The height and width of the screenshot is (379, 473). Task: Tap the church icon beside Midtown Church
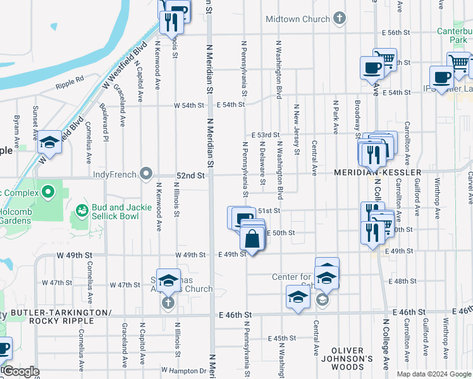pyautogui.click(x=340, y=18)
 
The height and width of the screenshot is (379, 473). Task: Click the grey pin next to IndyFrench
pyautogui.click(x=147, y=173)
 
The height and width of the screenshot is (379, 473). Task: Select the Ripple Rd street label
pyautogui.click(x=70, y=82)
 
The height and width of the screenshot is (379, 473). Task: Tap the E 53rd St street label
pyautogui.click(x=265, y=135)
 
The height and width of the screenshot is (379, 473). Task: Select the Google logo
pyautogui.click(x=21, y=371)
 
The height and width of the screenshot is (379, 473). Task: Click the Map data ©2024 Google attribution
pyautogui.click(x=433, y=374)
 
